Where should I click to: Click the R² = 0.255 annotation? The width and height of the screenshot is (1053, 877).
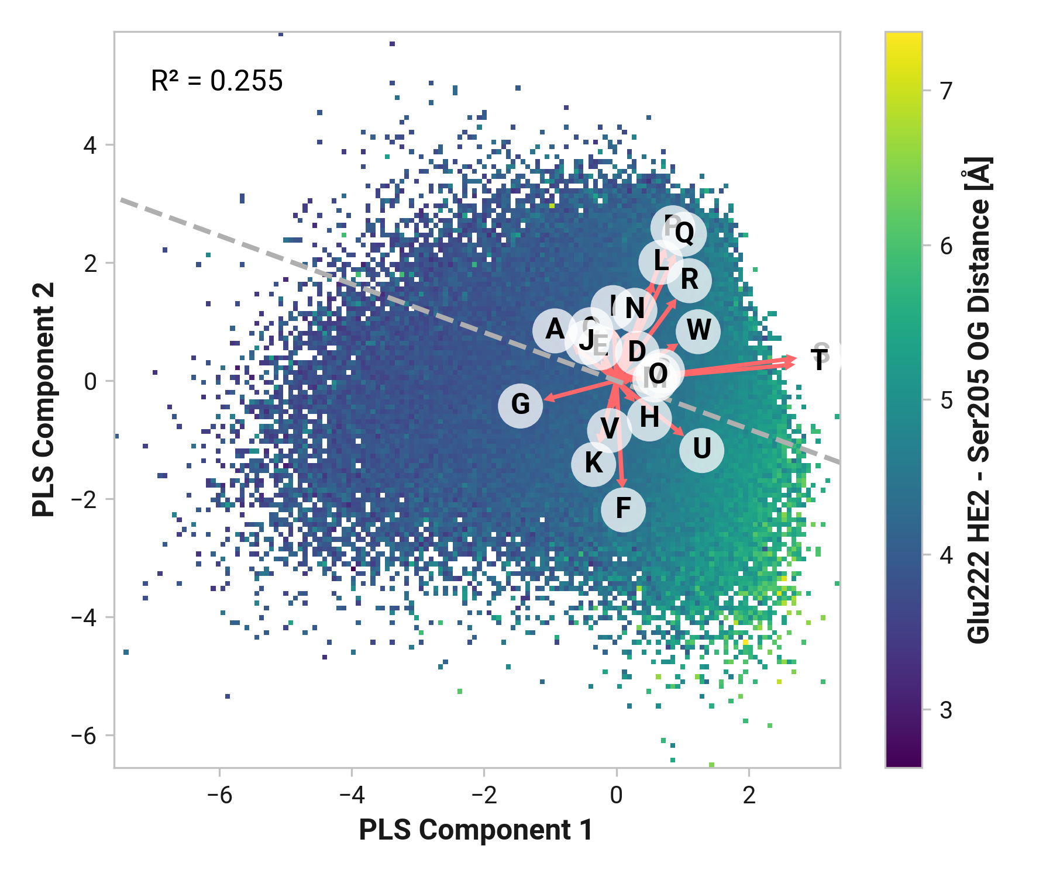coord(216,81)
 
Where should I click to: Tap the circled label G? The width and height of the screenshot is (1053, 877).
coord(520,405)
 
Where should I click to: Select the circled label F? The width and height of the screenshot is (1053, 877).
coord(623,509)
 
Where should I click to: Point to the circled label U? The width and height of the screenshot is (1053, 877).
coord(701,450)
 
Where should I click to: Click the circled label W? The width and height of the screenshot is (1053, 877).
coord(698,331)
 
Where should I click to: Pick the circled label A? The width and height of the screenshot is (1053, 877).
coord(555,330)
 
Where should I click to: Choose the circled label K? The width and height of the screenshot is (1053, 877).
coord(593,464)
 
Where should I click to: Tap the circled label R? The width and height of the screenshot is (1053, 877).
coord(689,280)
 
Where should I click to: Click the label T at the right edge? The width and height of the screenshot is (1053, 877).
coord(820,360)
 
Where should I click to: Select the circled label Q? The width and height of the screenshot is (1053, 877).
coord(684,233)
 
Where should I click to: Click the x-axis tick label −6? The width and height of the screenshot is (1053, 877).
coord(219,796)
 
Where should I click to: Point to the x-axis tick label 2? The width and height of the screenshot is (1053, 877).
coord(749,796)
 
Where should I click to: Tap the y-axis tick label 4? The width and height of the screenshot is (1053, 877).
coord(90,145)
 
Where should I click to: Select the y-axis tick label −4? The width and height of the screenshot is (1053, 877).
coord(84,617)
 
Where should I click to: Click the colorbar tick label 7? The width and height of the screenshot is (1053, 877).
coord(947,91)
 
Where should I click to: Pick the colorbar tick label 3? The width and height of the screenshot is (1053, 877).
coord(947,710)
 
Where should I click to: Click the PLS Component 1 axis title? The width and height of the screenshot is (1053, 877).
coord(476,830)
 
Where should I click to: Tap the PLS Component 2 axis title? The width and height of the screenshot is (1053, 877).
coord(44,399)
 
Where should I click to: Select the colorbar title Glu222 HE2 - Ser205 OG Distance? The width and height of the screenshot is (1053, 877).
coord(979,400)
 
